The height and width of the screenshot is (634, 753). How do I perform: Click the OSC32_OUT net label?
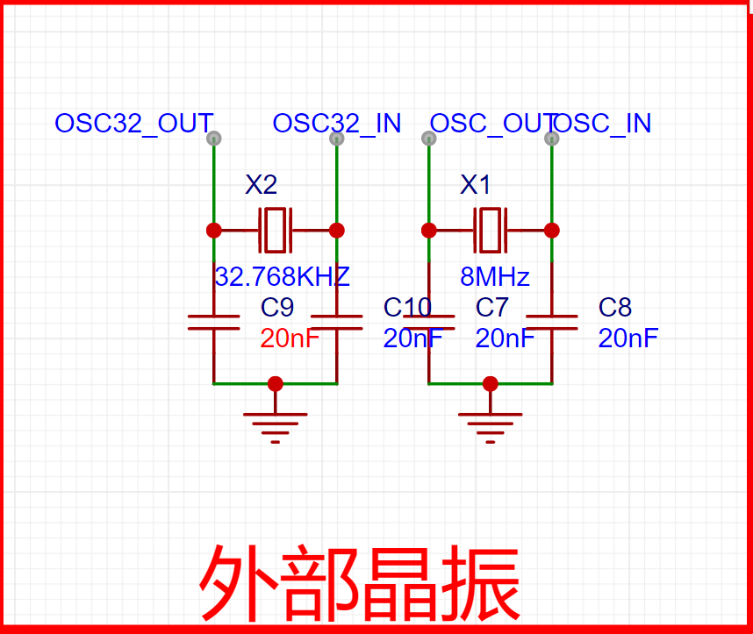133,124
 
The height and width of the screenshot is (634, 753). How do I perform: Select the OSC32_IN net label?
336,124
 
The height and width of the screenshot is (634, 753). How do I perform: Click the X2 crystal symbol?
275,230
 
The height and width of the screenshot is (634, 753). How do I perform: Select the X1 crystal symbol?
490,230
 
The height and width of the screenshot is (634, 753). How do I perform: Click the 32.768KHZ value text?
282,277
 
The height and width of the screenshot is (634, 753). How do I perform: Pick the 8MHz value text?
495,278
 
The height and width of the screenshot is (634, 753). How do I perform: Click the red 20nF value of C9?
290,338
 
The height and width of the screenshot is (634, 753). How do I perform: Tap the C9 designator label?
277,308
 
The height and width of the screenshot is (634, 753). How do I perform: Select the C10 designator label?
407,308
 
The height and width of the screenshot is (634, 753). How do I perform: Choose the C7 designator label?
492,308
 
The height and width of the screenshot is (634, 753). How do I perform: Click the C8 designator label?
615,308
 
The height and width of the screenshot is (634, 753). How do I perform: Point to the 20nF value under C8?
627,338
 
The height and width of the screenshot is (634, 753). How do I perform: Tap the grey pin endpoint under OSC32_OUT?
213,139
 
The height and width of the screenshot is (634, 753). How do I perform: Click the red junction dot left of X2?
213,230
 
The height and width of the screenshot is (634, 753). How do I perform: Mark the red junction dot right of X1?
551,230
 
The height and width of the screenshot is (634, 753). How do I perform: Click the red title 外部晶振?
360,582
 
